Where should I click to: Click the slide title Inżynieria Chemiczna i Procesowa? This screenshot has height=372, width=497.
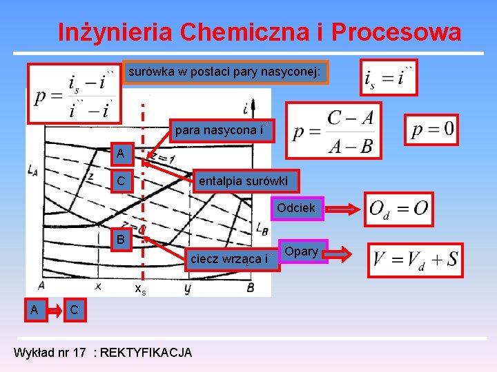pos(259,32)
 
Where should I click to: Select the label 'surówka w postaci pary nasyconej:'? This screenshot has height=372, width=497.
pos(225,72)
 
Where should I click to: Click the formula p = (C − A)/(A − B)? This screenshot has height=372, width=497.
pos(333,131)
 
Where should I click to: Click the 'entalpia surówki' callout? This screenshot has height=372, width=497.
pos(246,181)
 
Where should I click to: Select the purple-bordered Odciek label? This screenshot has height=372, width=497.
pos(296,208)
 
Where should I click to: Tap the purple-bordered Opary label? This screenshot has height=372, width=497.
pos(301,251)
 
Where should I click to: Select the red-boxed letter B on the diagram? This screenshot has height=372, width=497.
pos(121,240)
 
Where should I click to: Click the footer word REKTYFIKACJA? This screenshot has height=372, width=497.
pos(146,353)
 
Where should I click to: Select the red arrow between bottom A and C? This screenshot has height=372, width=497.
pos(55,311)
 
